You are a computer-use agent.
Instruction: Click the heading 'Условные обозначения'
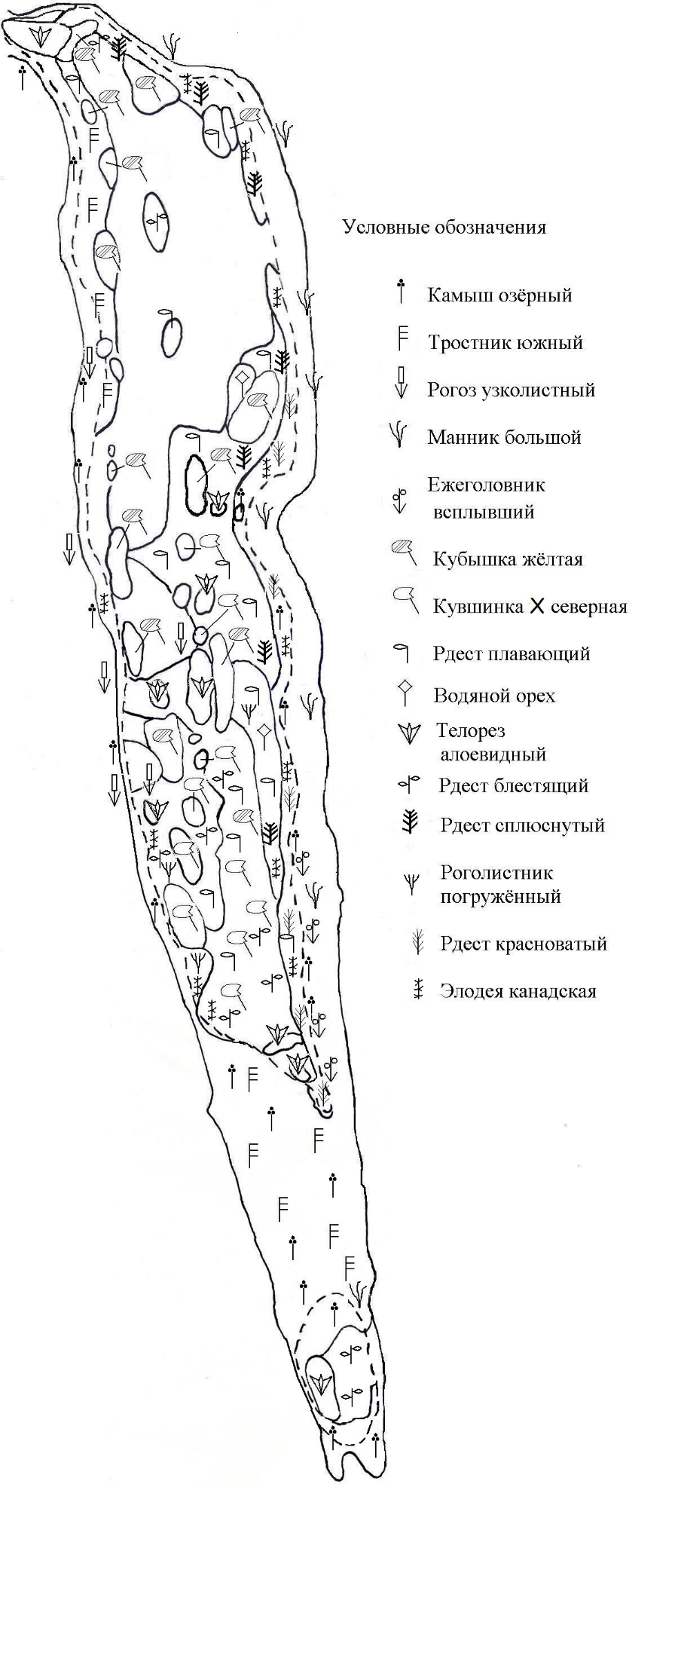tap(444, 228)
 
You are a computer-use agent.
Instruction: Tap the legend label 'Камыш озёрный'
tap(499, 295)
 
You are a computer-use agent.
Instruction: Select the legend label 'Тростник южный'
tap(505, 343)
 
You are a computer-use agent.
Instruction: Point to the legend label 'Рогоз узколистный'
tap(512, 390)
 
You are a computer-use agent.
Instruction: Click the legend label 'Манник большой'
tap(504, 437)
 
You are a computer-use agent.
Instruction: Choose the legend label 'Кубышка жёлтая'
tap(508, 560)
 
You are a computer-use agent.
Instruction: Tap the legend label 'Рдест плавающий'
tap(511, 654)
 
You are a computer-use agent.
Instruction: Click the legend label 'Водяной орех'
tap(494, 696)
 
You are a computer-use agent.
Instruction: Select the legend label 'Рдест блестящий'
tap(513, 786)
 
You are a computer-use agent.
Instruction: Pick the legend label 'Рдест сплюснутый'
tap(522, 825)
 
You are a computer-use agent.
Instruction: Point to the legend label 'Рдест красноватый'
tap(524, 944)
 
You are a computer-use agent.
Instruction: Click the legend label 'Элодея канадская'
tap(518, 991)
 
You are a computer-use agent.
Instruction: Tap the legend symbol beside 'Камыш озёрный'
tap(402, 292)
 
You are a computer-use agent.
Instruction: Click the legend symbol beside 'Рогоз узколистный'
tap(402, 382)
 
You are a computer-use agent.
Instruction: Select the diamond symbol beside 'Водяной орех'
tap(405, 687)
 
